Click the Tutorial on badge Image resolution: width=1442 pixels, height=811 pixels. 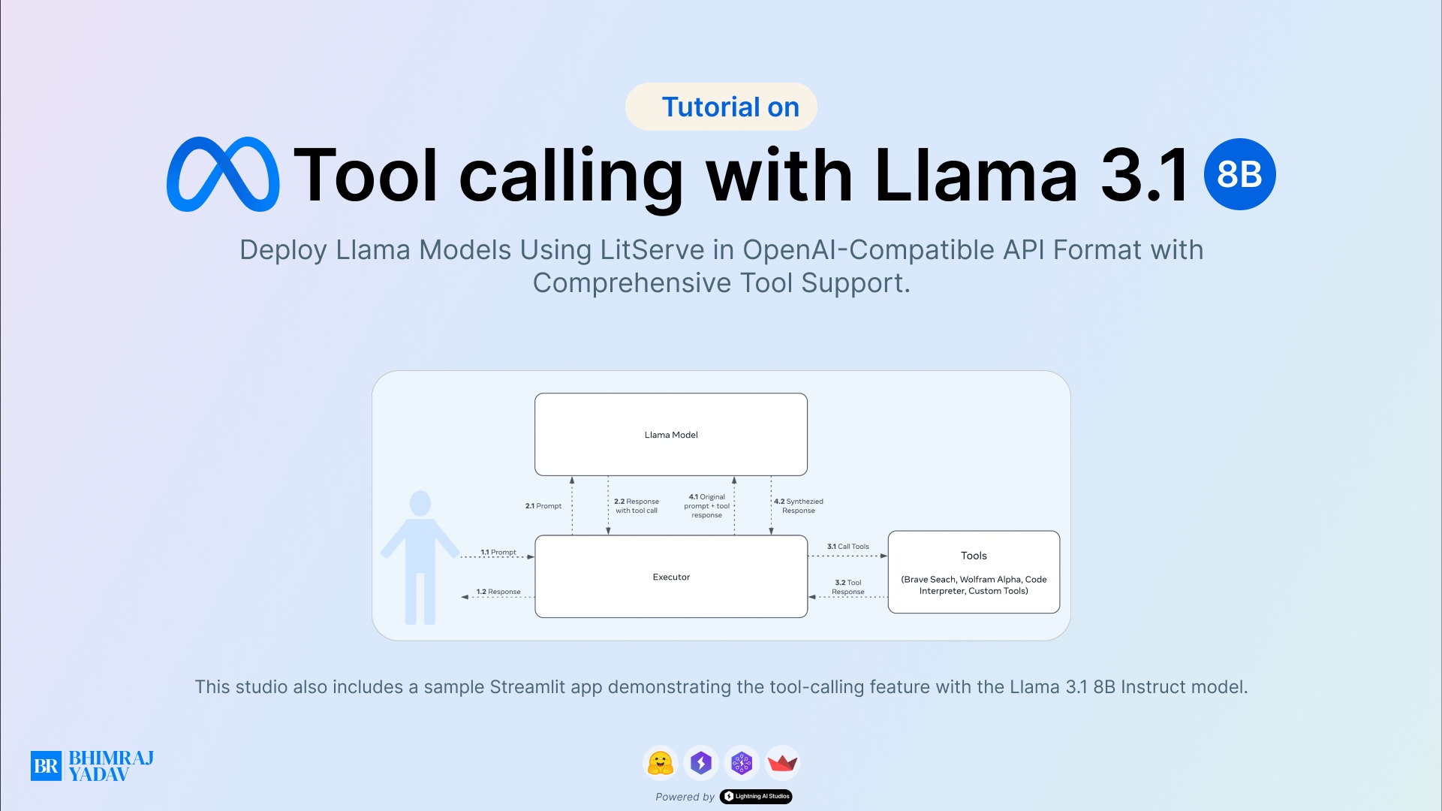pos(721,107)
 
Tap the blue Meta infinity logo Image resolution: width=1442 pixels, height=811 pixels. pos(223,174)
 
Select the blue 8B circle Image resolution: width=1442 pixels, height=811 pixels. pos(1239,174)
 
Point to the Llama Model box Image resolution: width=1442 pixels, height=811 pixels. pos(670,434)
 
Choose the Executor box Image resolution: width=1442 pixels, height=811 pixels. pos(670,577)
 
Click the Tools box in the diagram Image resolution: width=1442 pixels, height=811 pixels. pos(974,572)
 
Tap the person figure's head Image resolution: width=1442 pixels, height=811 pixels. pos(420,503)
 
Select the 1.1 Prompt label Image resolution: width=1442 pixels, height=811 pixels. pos(498,552)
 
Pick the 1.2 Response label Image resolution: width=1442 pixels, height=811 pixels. pos(498,592)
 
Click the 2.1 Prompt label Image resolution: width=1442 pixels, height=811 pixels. pos(543,506)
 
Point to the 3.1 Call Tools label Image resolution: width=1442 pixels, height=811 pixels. pos(848,547)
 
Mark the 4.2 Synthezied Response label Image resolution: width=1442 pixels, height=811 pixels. pos(799,506)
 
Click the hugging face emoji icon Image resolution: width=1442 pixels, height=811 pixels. pos(661,763)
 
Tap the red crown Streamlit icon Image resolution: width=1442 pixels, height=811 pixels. pos(782,763)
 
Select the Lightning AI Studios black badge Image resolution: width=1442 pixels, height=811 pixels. pos(756,797)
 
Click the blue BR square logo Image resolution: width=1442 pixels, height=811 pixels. pos(46,766)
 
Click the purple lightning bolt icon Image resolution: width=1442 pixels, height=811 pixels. pos(701,763)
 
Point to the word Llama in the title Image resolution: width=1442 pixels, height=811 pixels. pos(976,175)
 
